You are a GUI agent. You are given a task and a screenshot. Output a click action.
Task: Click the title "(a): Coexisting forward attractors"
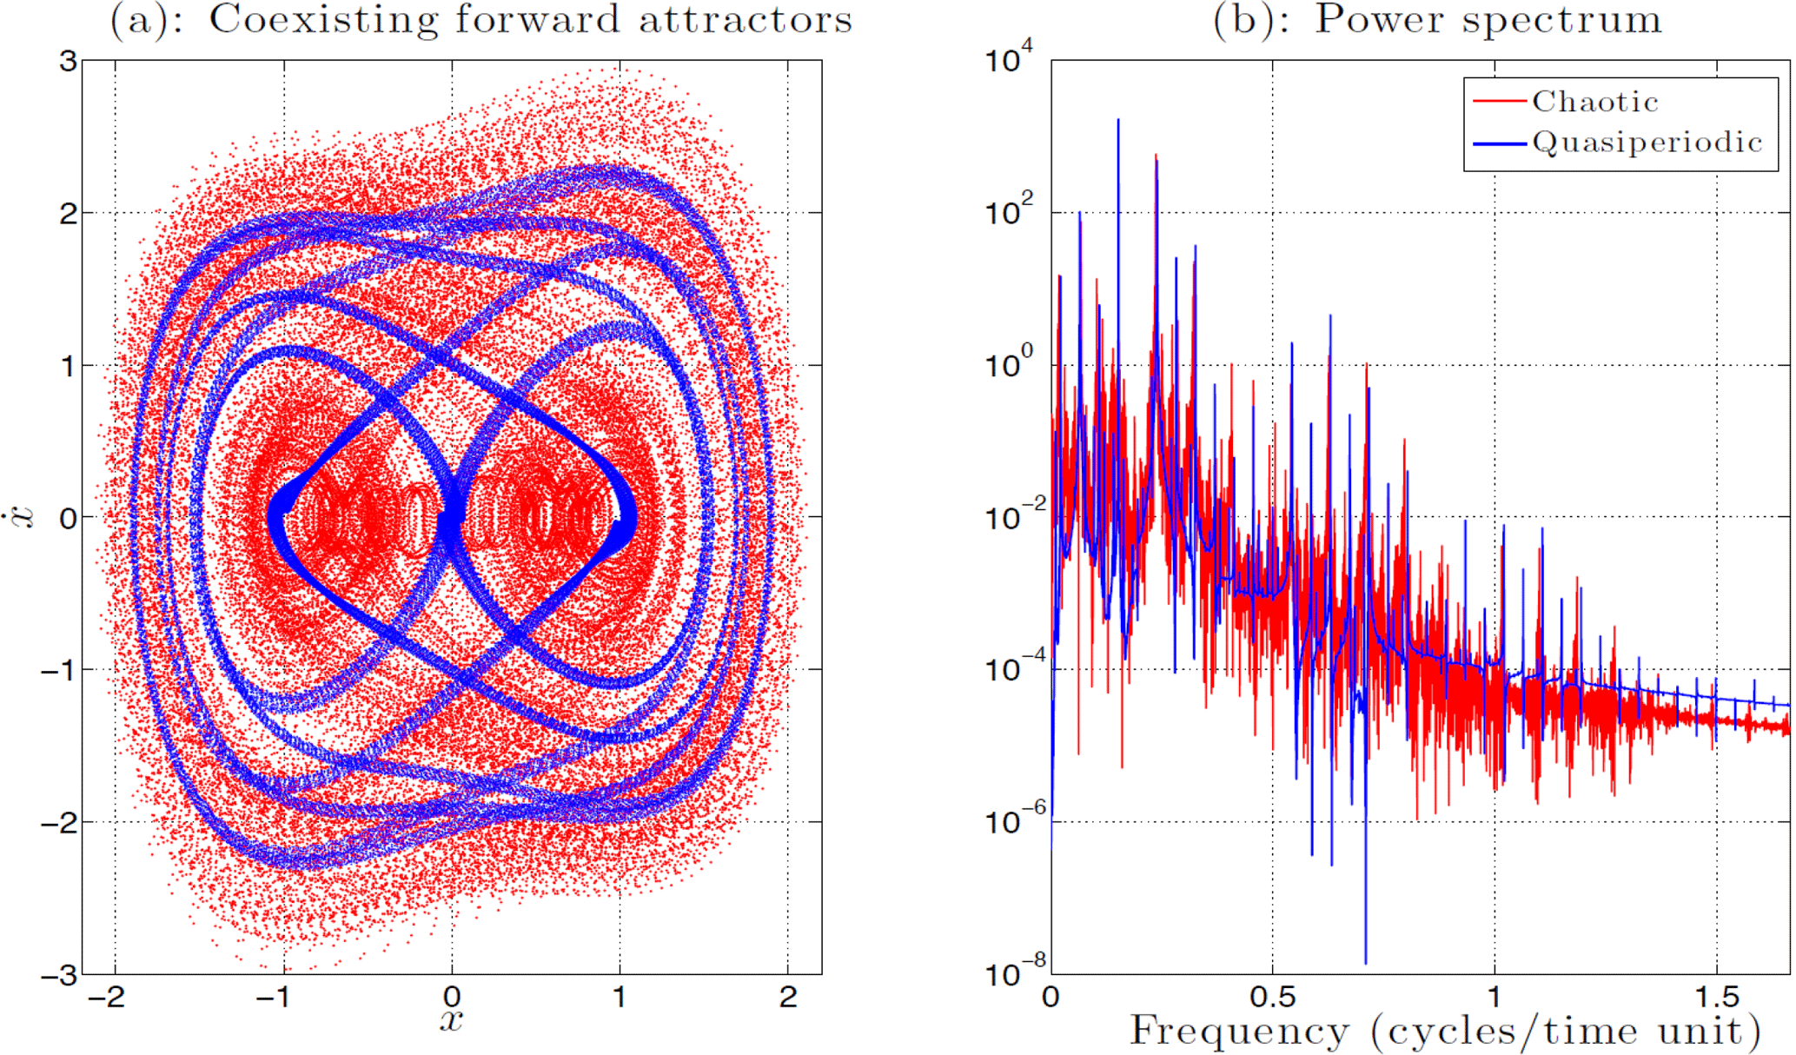[x=480, y=19]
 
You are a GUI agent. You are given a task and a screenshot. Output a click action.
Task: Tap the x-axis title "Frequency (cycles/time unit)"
[x=1445, y=1032]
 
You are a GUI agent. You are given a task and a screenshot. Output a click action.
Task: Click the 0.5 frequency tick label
[x=1273, y=997]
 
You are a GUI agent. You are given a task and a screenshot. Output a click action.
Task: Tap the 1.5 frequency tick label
[x=1716, y=997]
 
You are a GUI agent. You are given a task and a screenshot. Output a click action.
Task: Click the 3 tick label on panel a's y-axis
[x=68, y=61]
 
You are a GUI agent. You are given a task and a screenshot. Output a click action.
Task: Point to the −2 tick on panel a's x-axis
[x=108, y=997]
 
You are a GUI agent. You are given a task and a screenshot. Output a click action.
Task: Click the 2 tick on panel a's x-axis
[x=788, y=997]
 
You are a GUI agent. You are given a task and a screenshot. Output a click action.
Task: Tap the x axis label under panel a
[x=451, y=1019]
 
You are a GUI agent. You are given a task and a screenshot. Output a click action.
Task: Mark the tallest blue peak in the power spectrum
[x=1118, y=121]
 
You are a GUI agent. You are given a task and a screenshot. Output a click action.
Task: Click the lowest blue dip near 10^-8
[x=1365, y=961]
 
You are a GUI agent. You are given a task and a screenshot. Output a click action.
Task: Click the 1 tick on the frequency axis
[x=1494, y=997]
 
